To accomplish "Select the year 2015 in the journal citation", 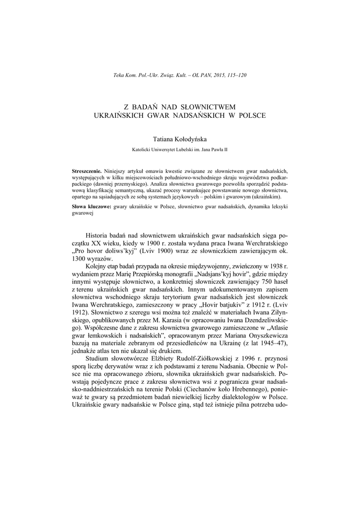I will (x=216, y=75).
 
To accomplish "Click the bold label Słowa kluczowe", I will (x=92, y=206).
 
